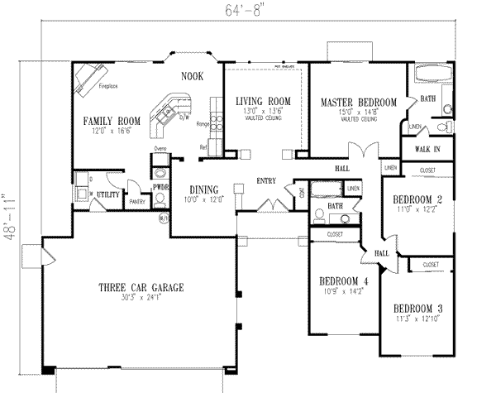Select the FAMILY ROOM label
[x=111, y=121]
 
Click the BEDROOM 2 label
[x=419, y=200]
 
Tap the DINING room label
[x=201, y=189]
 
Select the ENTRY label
[x=266, y=180]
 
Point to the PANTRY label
[x=137, y=200]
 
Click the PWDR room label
[x=161, y=187]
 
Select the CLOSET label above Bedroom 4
[x=335, y=235]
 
